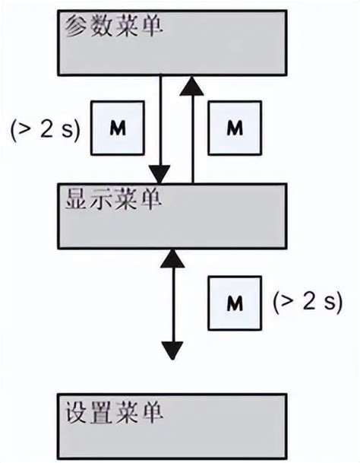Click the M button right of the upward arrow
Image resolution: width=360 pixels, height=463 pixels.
coord(233,127)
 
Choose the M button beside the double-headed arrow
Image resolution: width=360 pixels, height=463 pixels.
coord(233,303)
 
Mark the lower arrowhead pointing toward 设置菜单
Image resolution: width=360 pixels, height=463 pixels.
coord(173,350)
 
